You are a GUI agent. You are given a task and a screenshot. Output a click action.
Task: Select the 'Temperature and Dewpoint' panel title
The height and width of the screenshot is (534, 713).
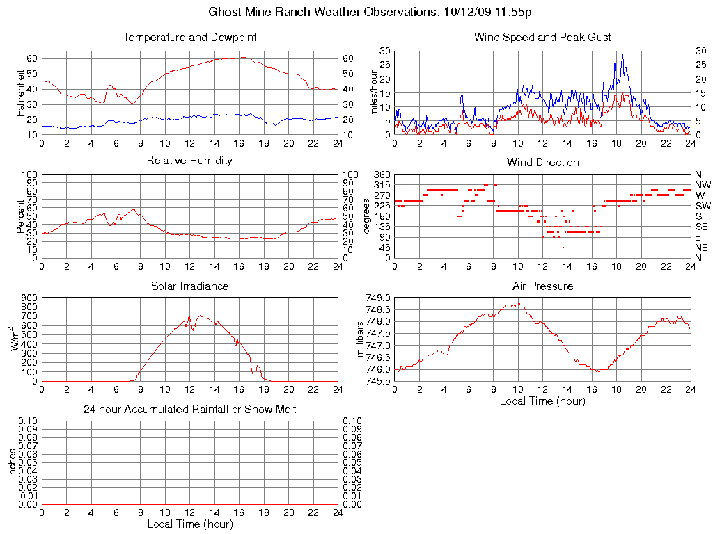coord(189,37)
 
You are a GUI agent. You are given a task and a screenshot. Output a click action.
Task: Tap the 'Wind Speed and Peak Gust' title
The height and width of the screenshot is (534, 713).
coord(542,37)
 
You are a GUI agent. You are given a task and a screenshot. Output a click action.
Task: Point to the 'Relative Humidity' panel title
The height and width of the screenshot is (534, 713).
coord(189,161)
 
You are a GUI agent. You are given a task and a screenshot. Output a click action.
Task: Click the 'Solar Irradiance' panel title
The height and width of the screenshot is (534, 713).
coord(189,286)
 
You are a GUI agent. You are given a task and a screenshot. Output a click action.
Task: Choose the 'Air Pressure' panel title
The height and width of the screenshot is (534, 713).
coord(542,286)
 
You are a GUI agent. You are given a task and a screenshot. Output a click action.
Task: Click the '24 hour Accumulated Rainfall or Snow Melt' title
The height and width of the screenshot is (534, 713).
coord(189,410)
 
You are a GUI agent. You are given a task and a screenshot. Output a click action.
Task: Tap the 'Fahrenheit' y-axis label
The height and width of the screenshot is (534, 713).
coord(21,92)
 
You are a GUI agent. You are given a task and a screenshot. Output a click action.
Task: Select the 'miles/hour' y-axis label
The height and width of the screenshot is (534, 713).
coord(375,92)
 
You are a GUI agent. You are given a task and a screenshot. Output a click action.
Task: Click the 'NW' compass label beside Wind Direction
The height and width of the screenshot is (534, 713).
coord(703,185)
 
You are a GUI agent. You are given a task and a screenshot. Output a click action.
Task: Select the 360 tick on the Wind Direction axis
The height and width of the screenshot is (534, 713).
coord(382,174)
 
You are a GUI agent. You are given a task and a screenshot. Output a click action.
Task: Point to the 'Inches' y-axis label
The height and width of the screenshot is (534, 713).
coord(13,462)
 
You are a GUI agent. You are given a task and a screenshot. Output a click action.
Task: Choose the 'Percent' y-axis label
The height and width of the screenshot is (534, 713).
coord(21,216)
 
